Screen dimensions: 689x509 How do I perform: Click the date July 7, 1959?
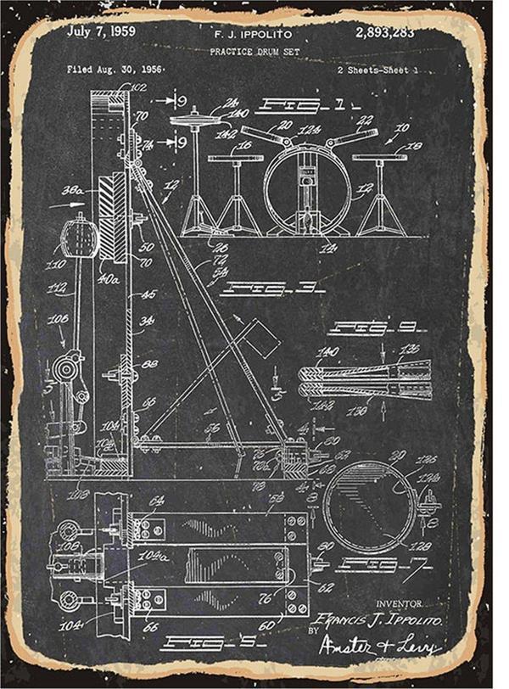point(101,32)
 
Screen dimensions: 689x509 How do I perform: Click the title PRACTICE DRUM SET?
point(252,52)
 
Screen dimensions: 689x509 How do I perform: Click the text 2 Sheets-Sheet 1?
point(378,70)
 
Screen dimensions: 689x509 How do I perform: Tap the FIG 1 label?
point(292,106)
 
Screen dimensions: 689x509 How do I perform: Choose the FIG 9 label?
point(366,327)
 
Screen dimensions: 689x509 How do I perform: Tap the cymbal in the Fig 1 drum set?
point(194,119)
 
